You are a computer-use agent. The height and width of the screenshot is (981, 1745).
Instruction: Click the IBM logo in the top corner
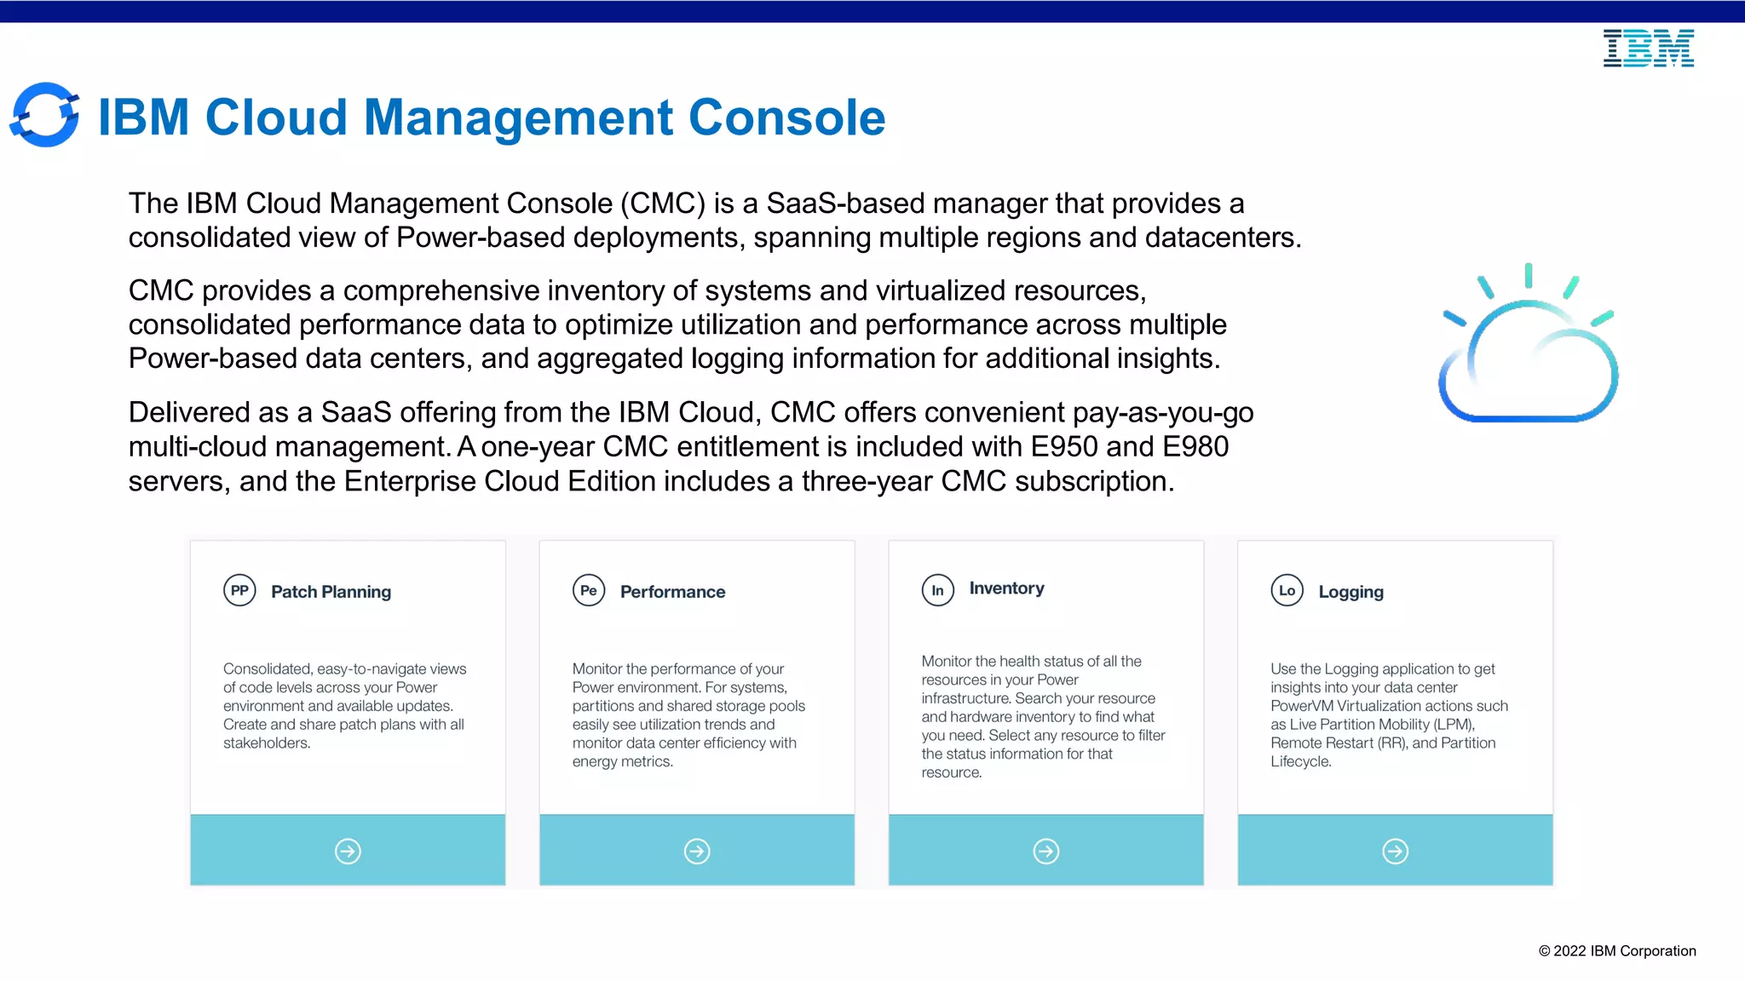click(1648, 48)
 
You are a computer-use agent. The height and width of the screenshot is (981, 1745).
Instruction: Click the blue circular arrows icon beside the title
click(44, 115)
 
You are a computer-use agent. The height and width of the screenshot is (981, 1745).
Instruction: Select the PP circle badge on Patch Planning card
click(239, 590)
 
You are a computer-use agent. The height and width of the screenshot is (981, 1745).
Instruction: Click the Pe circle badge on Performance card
click(589, 590)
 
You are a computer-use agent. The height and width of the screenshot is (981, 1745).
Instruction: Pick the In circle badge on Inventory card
click(937, 590)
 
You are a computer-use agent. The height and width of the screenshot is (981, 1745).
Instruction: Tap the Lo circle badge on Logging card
click(1287, 590)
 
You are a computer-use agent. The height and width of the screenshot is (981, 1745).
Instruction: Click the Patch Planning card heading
click(331, 592)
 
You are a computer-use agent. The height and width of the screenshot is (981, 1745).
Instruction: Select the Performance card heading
click(672, 592)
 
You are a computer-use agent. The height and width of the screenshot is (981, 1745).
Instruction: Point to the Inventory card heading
click(1006, 588)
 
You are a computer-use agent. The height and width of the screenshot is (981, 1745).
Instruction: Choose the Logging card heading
click(1351, 592)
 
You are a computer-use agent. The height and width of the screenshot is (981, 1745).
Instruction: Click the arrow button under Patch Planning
click(348, 851)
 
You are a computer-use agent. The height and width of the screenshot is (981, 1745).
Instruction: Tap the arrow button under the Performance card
click(697, 851)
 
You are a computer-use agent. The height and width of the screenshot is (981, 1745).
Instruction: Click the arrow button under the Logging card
click(1395, 851)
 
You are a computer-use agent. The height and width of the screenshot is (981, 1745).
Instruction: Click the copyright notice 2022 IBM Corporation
click(1616, 951)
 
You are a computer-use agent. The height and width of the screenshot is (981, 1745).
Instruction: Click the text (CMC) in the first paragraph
click(662, 204)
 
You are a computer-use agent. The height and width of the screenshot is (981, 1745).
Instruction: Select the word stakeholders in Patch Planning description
click(266, 743)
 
